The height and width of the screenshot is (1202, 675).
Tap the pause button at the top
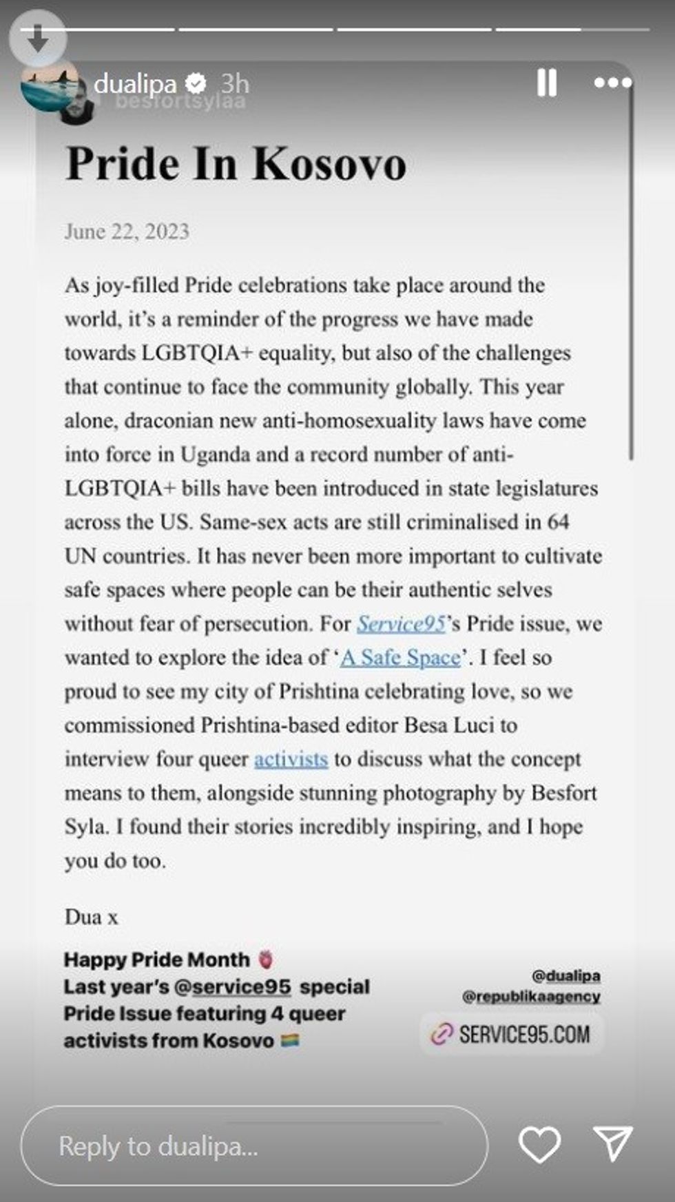[546, 83]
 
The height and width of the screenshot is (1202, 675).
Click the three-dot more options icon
[612, 83]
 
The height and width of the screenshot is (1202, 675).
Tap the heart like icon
[539, 1145]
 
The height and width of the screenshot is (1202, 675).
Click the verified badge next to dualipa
[196, 84]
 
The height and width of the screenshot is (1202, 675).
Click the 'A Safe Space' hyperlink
[401, 658]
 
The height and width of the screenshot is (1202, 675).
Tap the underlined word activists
[291, 759]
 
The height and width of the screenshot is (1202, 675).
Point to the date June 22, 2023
[127, 231]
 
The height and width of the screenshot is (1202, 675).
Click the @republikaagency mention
[531, 997]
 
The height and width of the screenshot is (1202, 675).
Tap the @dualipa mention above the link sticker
[565, 976]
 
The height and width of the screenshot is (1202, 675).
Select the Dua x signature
[91, 918]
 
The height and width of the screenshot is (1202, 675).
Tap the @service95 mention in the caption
[233, 987]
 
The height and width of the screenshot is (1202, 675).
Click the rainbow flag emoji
[290, 1041]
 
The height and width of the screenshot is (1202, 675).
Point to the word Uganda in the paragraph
[215, 455]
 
